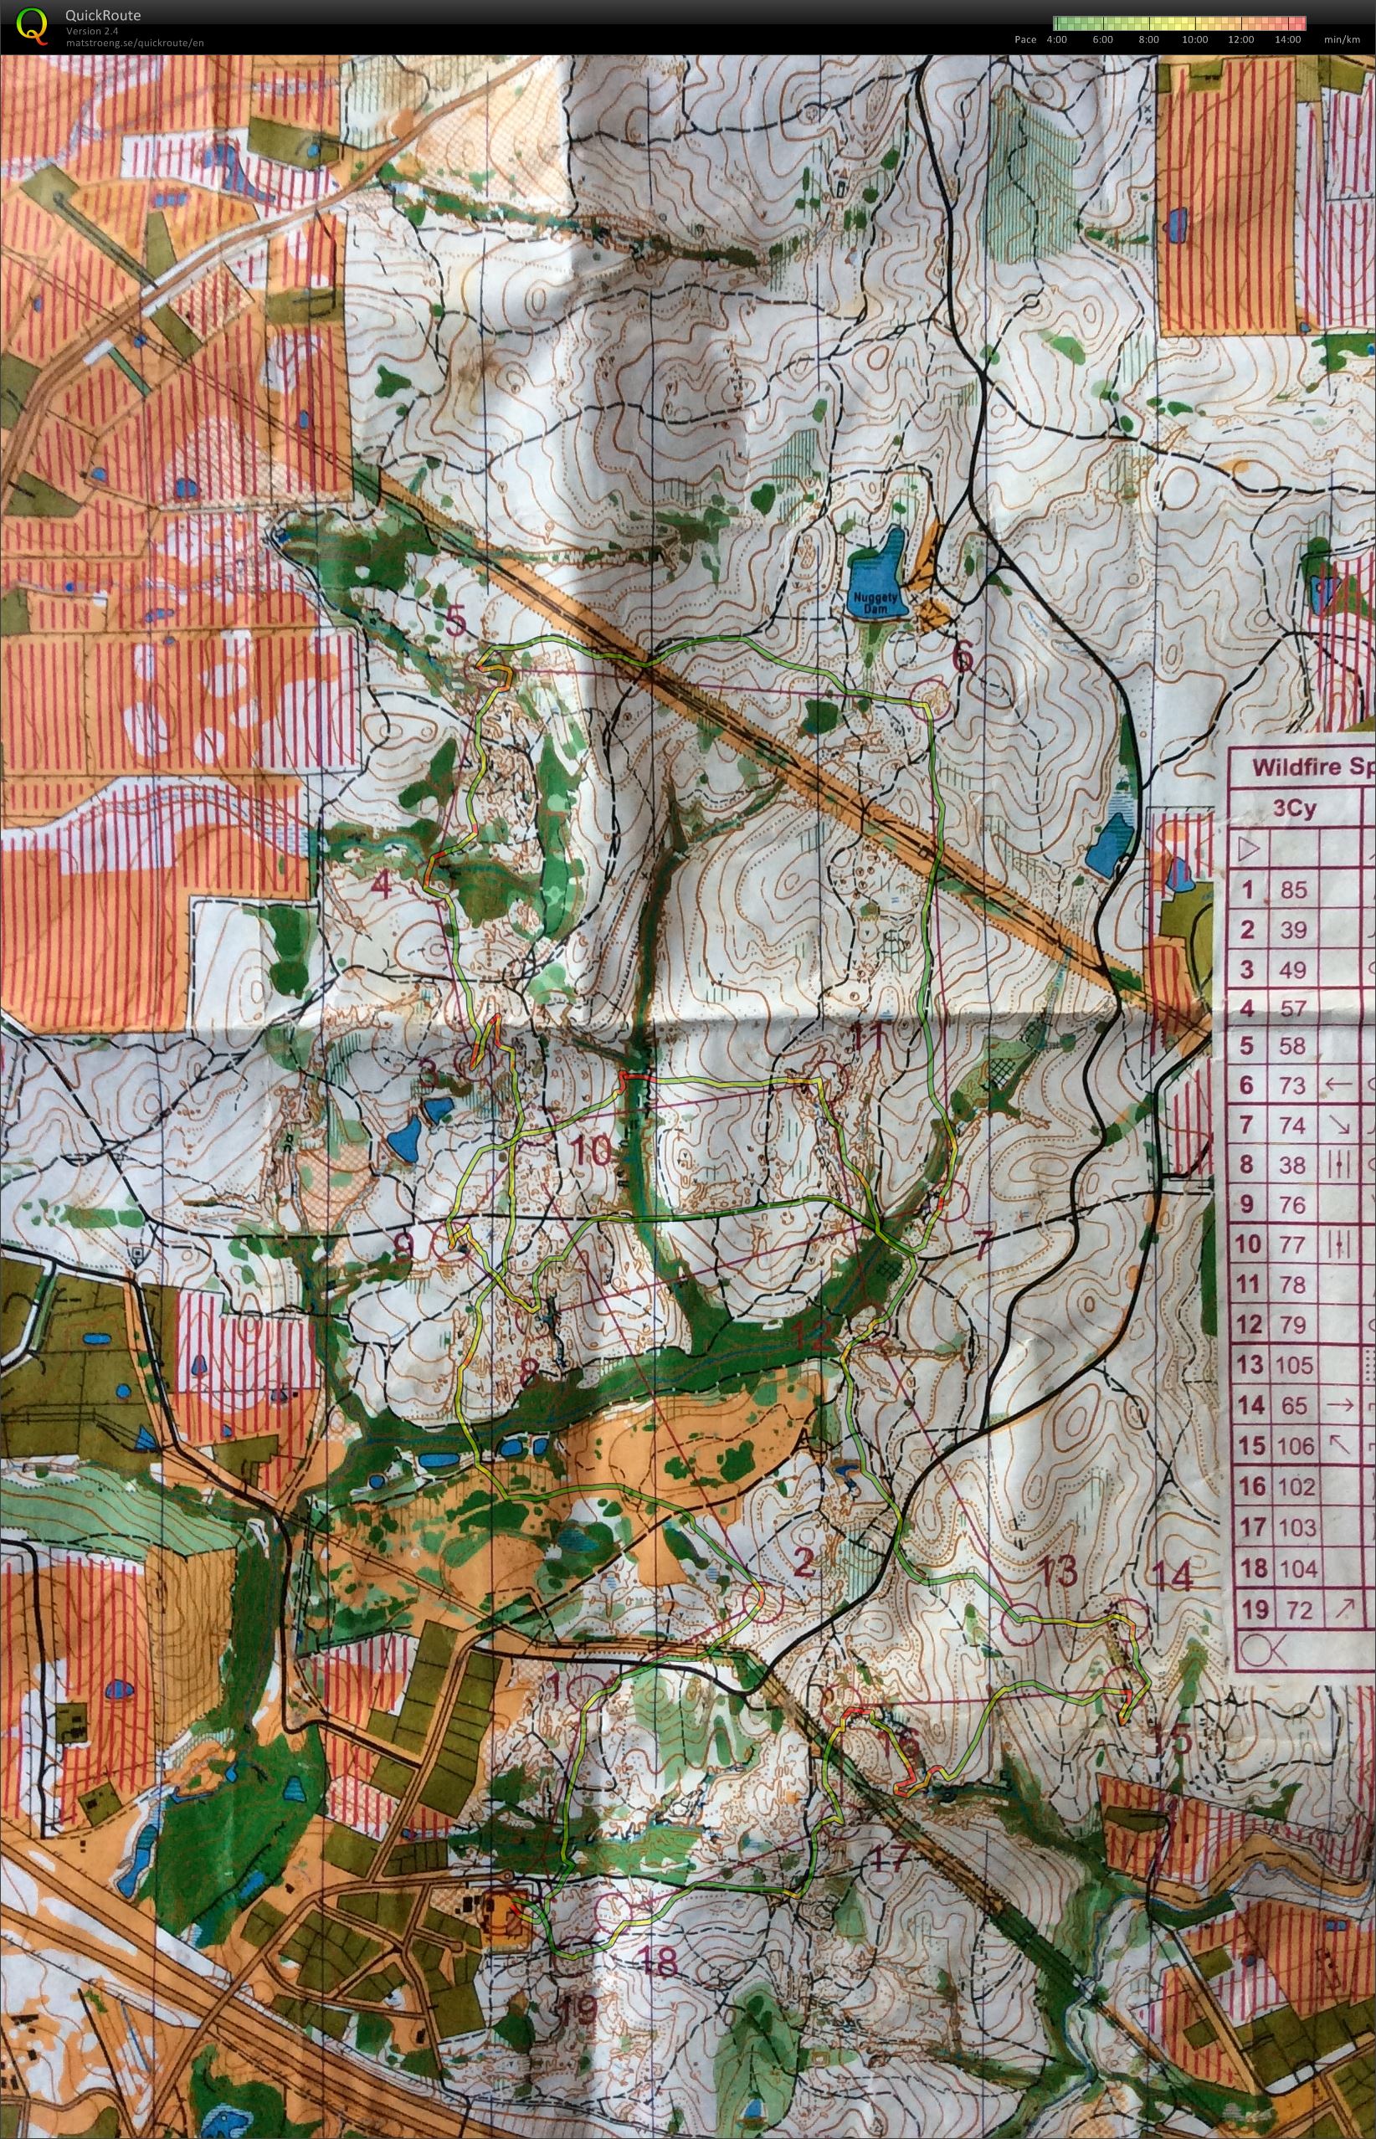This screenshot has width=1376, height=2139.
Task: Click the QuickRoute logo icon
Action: coord(33,24)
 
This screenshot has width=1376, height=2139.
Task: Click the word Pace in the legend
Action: coord(1026,39)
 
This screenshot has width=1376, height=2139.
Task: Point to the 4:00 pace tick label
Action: coord(1056,39)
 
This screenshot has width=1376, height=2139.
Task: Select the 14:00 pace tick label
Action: coord(1288,39)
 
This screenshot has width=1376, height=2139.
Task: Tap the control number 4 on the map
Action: coord(382,885)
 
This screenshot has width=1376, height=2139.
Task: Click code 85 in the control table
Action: coord(1292,890)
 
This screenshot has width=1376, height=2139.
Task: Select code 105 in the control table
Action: coord(1294,1365)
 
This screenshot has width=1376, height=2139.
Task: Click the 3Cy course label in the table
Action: coord(1294,809)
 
